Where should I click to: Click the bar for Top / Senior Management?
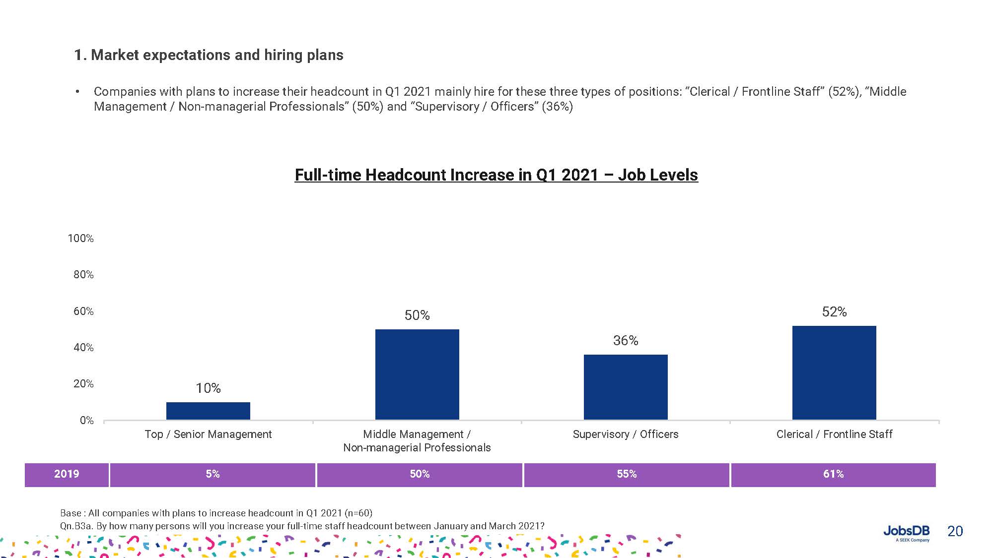tap(208, 411)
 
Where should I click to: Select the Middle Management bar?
tap(417, 374)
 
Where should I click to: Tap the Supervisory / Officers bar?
tap(626, 387)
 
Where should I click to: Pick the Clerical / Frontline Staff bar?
tap(834, 372)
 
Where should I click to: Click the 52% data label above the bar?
tap(834, 312)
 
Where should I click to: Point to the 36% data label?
tap(626, 341)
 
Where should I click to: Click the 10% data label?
tap(208, 388)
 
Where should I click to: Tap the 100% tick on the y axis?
tap(80, 239)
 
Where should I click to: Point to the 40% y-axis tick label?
tap(83, 348)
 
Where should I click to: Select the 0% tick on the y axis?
tap(86, 421)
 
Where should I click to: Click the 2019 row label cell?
tap(67, 474)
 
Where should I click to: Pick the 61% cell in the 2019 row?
tap(833, 474)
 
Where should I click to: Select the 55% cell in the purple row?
tap(627, 474)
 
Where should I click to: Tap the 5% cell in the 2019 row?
tap(213, 474)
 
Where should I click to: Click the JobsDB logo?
tap(906, 533)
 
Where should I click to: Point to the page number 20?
tap(955, 531)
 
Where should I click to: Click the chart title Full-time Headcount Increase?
tap(496, 175)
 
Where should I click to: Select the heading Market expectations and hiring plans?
tap(209, 55)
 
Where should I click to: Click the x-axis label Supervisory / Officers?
tap(626, 434)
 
